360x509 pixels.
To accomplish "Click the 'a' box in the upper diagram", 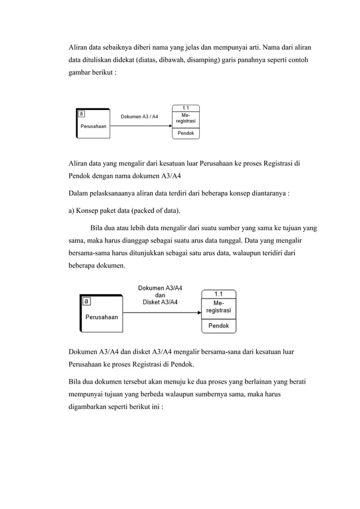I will (x=81, y=113).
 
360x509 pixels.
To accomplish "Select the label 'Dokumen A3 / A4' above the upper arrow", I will (x=139, y=117).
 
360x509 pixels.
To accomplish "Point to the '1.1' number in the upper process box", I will (x=185, y=107).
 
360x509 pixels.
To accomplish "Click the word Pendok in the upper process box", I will (x=186, y=134).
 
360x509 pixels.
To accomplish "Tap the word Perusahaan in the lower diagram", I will (x=102, y=317).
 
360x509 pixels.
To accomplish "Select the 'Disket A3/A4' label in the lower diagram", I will (x=160, y=302).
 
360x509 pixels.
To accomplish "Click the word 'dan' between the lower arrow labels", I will (x=160, y=295).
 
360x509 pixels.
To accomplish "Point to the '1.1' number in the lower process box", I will (x=218, y=293).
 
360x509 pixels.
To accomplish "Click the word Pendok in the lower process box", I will (x=219, y=326).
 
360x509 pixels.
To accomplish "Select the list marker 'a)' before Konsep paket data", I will (x=72, y=212).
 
